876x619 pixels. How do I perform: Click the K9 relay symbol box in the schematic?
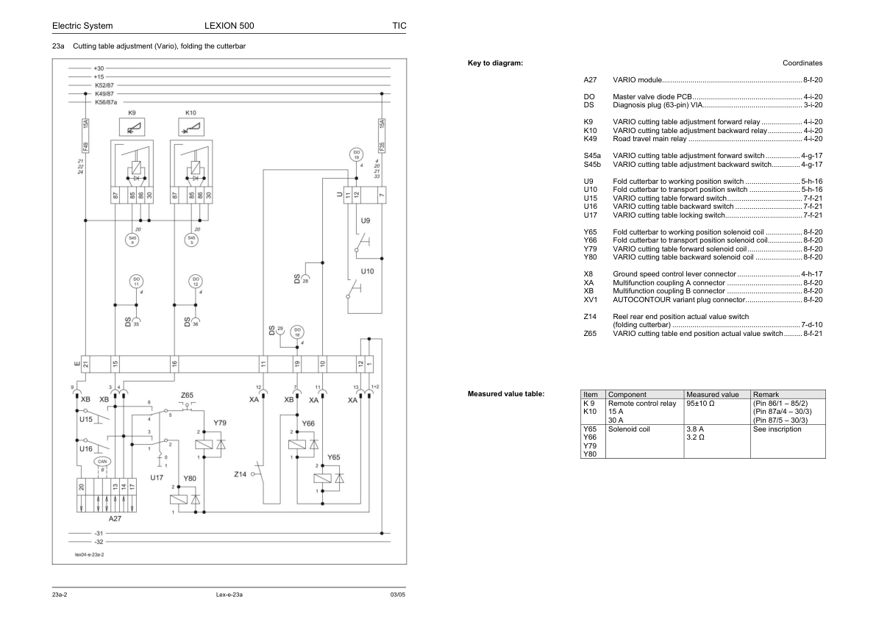(132, 129)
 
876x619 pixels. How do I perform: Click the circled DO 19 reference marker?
(356, 154)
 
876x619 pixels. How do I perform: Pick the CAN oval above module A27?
(102, 462)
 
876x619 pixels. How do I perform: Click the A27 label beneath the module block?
(115, 518)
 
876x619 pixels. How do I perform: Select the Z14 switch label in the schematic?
(240, 474)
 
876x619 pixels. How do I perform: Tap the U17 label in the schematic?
(157, 478)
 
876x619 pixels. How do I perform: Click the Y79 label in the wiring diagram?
(220, 423)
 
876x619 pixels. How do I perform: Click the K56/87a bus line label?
(106, 103)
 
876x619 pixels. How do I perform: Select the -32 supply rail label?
(99, 542)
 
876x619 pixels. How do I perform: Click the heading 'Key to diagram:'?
(495, 63)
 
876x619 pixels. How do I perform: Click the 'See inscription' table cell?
(777, 429)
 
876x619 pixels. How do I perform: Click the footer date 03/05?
(397, 594)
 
